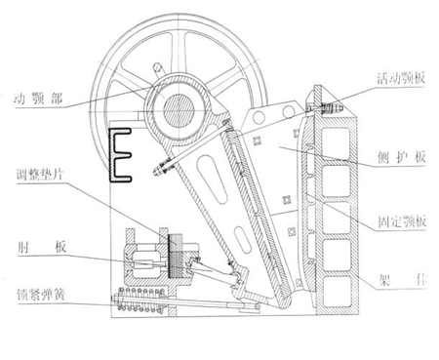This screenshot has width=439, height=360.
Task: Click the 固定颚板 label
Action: pos(401,222)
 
